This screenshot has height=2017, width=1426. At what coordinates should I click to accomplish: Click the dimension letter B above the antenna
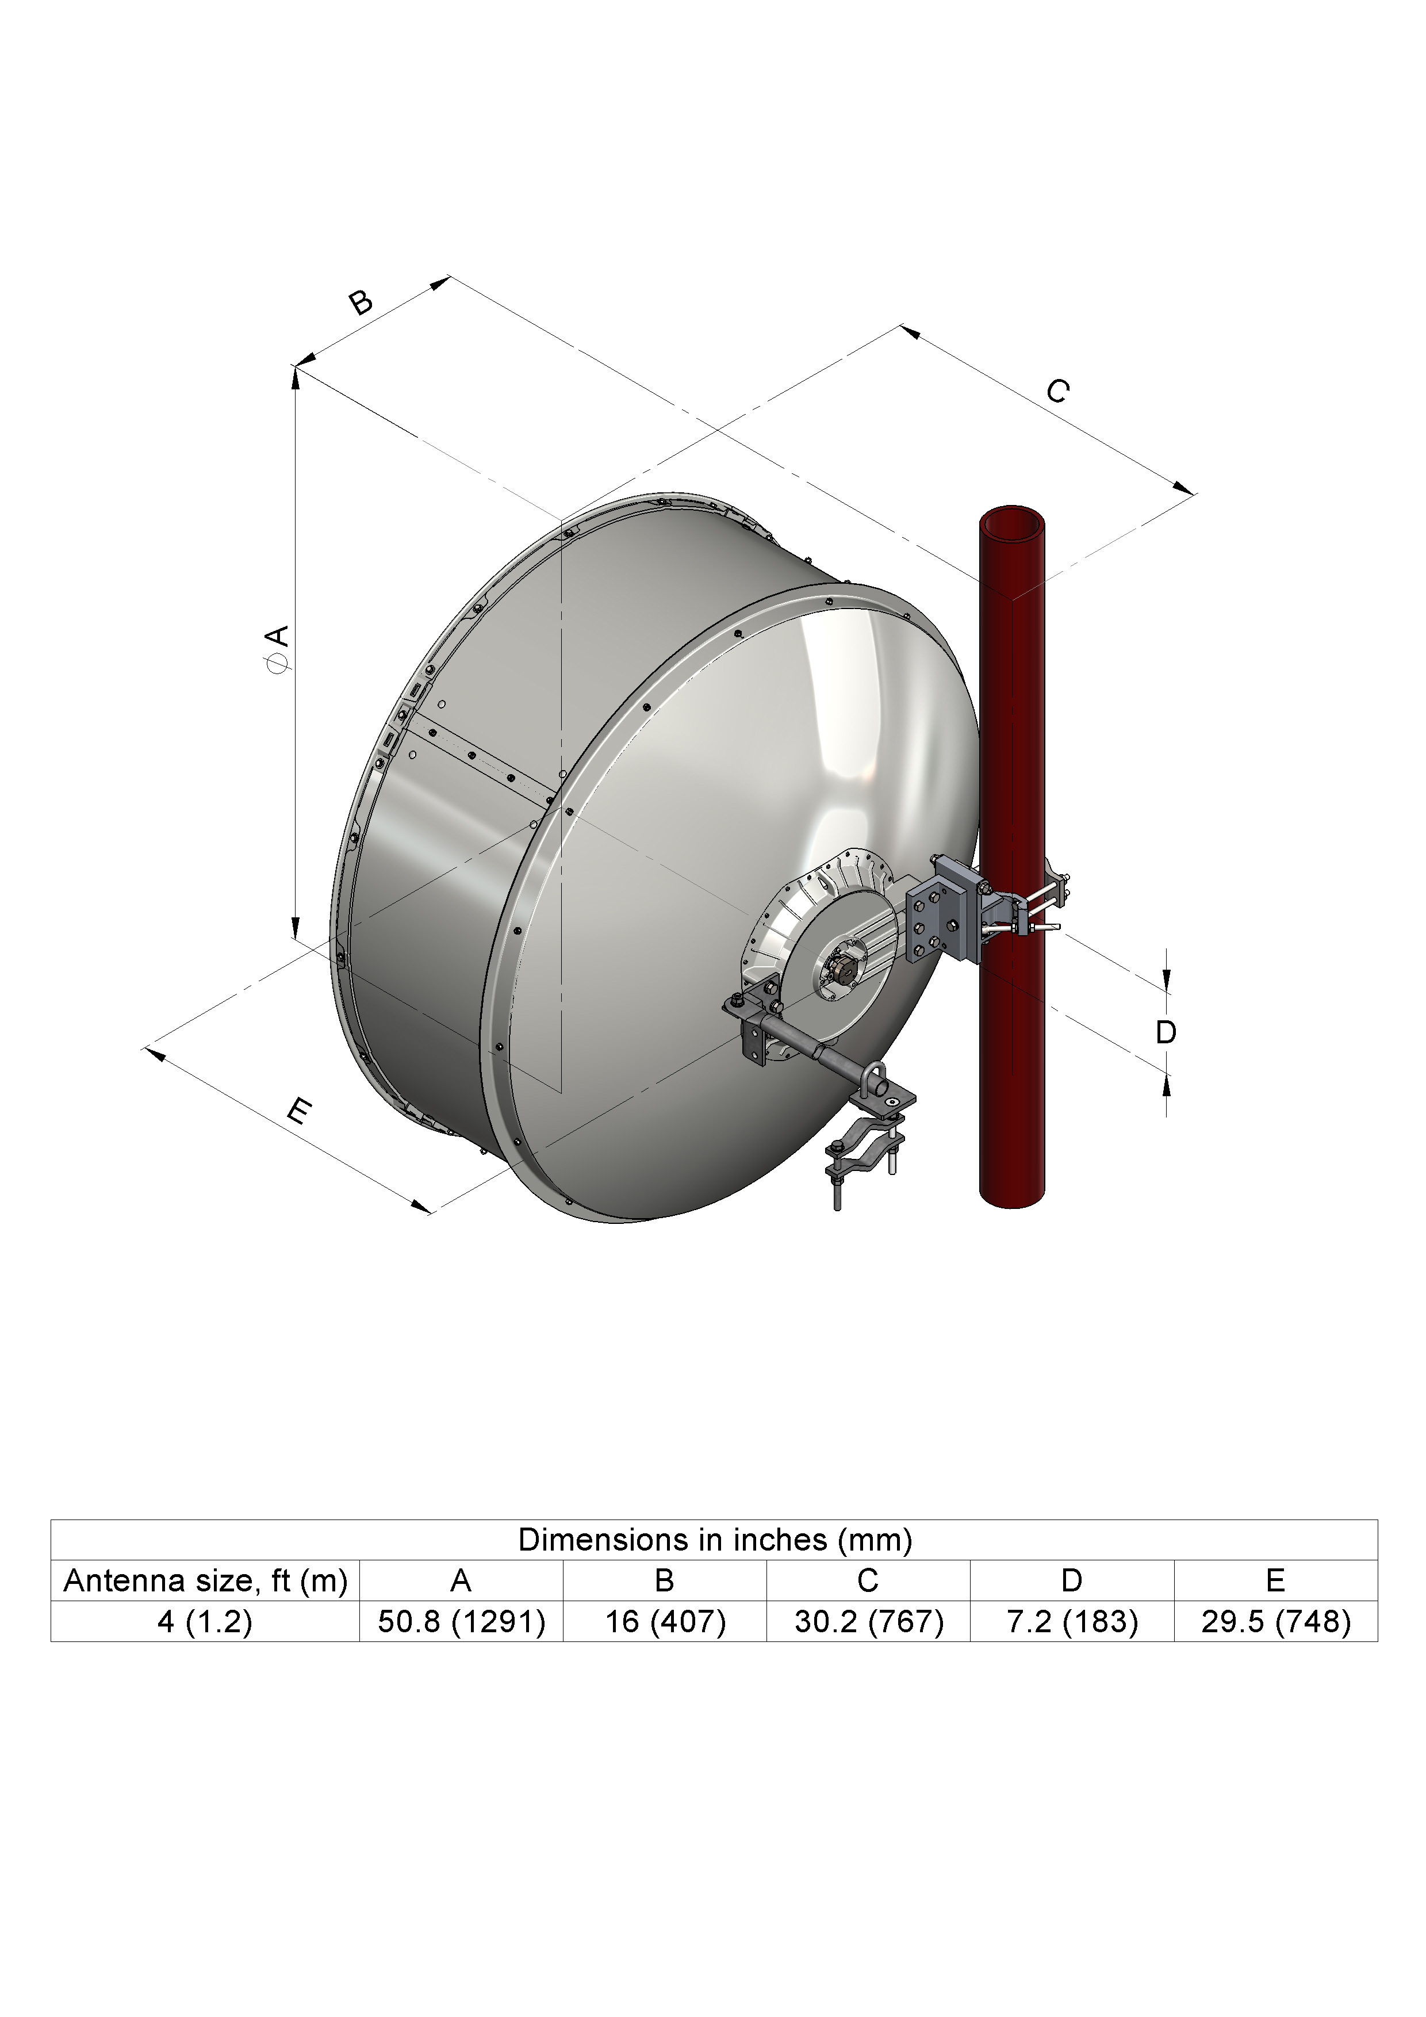tap(360, 302)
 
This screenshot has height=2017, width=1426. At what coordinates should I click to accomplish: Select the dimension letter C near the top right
tap(1058, 391)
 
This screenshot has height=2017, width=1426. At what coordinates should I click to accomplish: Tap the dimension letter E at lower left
tap(300, 1113)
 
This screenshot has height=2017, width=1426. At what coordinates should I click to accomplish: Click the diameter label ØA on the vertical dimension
tap(278, 649)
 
